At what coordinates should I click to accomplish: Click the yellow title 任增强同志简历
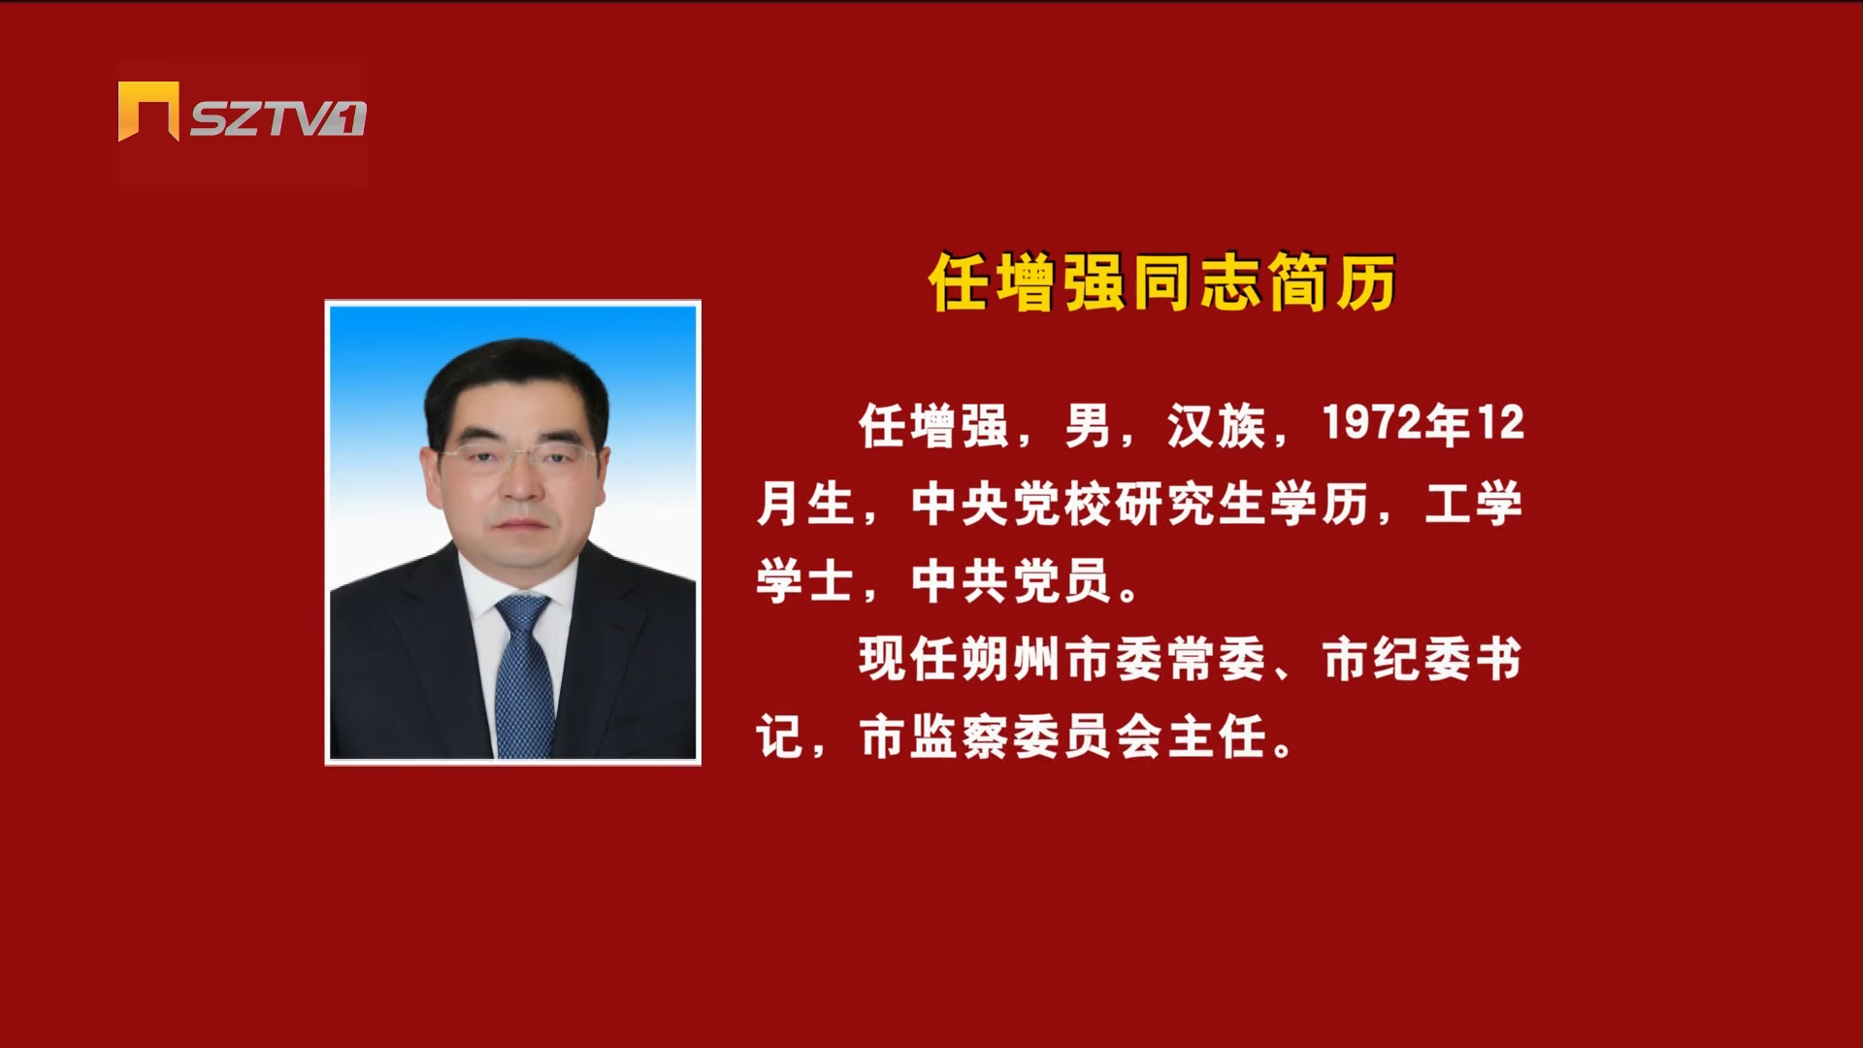click(x=1162, y=282)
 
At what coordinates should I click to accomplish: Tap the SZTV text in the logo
click(x=261, y=118)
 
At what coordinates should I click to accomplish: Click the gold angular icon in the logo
click(x=148, y=111)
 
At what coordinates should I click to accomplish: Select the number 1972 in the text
click(x=1372, y=423)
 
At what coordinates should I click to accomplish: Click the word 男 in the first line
click(x=1088, y=425)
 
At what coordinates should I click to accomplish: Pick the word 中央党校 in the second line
click(x=1011, y=504)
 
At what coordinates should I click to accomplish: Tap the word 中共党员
click(x=1011, y=581)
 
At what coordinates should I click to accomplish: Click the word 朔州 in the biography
click(x=1011, y=660)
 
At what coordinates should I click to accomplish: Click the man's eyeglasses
click(x=519, y=456)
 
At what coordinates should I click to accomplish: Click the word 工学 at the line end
click(x=1473, y=504)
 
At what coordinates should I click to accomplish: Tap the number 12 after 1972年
click(x=1500, y=423)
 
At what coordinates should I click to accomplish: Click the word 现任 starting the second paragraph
click(x=908, y=660)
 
